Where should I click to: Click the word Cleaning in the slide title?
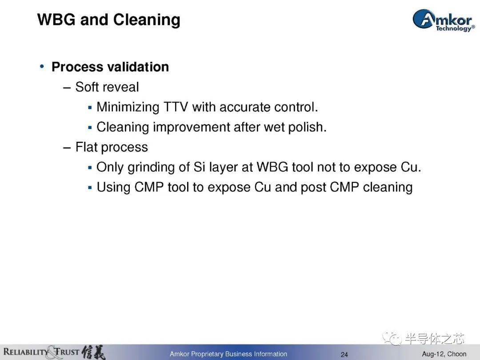[x=147, y=20]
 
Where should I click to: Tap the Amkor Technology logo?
[x=444, y=20]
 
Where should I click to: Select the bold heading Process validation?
[x=110, y=67]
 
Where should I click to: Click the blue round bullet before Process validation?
[x=42, y=66]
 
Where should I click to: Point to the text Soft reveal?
[x=107, y=87]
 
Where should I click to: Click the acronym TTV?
[x=176, y=107]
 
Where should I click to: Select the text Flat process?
[x=112, y=147]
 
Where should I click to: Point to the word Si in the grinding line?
[x=199, y=167]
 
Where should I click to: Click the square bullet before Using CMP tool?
[x=90, y=188]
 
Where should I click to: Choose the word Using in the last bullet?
[x=114, y=188]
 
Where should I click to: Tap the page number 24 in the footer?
[x=344, y=355]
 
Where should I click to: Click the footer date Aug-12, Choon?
[x=444, y=354]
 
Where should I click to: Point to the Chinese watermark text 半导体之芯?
[x=435, y=338]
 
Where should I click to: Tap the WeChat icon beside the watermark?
[x=393, y=338]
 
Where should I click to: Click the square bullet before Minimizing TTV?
[x=90, y=108]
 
